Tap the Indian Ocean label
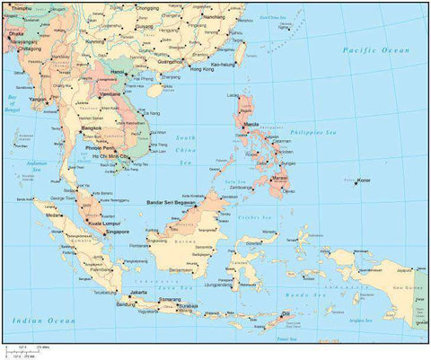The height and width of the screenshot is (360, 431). click(x=39, y=319)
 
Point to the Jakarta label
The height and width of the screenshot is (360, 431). click(x=138, y=293)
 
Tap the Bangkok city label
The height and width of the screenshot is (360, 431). click(x=92, y=127)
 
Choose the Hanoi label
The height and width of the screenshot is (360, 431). click(x=118, y=71)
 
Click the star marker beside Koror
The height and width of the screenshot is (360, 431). click(x=353, y=182)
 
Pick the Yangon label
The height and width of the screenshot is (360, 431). click(x=38, y=99)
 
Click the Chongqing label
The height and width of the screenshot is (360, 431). click(x=147, y=7)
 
